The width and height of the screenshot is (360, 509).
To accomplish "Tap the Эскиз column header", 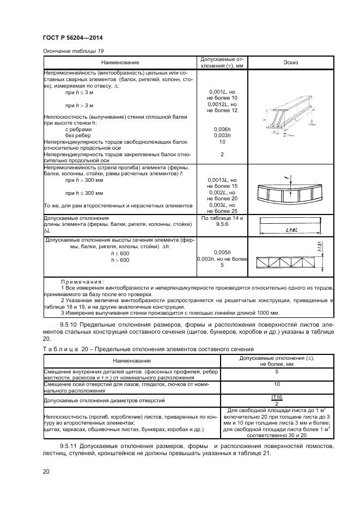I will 291,63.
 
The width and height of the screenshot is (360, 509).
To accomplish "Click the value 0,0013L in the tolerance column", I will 222,179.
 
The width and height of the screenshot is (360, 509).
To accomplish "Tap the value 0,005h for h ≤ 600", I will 222,253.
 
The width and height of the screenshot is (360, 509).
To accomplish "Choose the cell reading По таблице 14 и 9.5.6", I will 222,220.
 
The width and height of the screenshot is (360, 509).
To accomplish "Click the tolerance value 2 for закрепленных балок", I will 222,155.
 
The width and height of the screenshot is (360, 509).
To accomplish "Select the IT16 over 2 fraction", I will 277,401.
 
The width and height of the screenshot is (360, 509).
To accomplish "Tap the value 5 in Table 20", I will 277,372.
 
